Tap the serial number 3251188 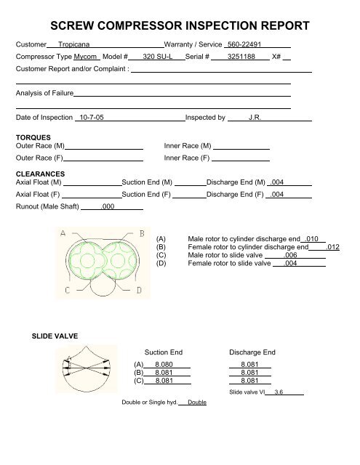242,57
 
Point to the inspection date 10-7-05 91,117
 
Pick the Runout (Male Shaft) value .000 108,207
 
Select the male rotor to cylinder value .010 313,238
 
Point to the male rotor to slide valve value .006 290,256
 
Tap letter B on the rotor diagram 140,232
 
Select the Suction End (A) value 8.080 164,365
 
